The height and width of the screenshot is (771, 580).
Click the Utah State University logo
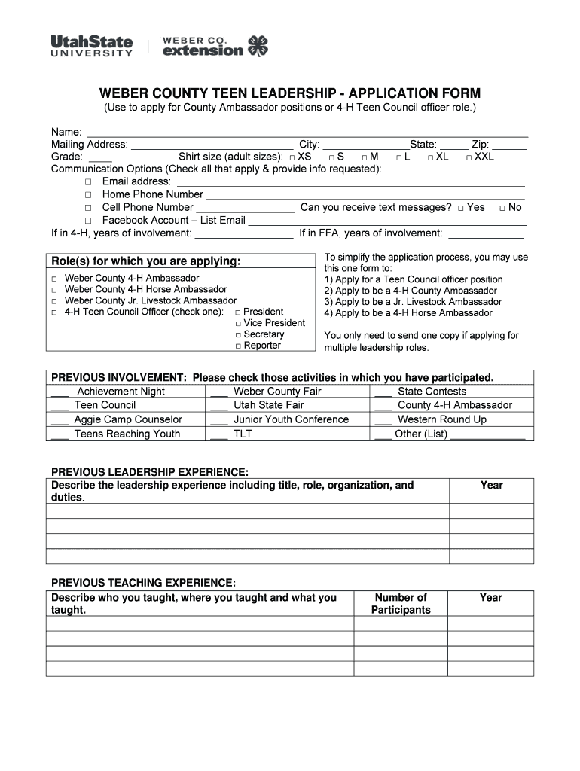click(91, 46)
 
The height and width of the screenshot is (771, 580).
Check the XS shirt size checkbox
click(292, 157)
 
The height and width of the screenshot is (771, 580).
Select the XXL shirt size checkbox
click(469, 157)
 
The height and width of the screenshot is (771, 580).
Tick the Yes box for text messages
click(460, 208)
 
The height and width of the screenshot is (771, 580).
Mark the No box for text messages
click(502, 208)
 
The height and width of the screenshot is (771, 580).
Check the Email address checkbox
click(88, 182)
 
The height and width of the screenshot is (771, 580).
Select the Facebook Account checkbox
click(88, 221)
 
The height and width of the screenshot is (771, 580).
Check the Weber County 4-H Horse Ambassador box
click(55, 290)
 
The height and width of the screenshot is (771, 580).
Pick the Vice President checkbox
click(237, 324)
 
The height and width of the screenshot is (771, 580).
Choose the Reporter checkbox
click(237, 346)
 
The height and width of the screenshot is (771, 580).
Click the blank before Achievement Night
click(60, 392)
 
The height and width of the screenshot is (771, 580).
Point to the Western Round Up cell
click(442, 419)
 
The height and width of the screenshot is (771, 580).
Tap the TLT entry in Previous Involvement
click(243, 434)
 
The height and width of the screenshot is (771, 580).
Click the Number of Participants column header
click(401, 604)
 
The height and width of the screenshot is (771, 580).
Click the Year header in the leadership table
click(491, 486)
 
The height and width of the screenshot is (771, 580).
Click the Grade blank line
click(100, 158)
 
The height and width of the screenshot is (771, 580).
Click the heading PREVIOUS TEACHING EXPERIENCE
click(143, 583)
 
